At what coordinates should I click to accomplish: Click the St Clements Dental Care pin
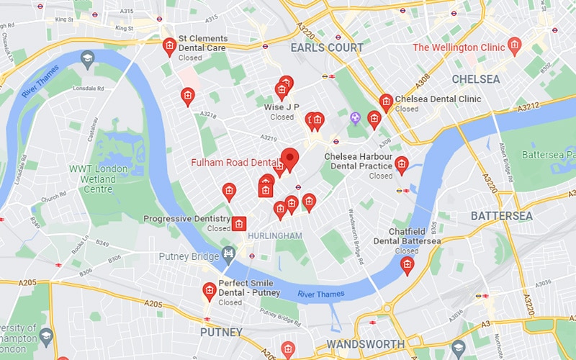(x=169, y=46)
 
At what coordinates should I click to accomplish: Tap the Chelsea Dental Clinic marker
(x=386, y=102)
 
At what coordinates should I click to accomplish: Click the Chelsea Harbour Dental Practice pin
(x=402, y=165)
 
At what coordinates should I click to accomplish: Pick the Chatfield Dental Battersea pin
(x=408, y=265)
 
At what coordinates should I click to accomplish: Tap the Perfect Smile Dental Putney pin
(x=210, y=290)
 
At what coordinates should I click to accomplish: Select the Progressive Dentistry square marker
(x=240, y=225)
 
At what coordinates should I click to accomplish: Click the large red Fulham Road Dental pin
(x=289, y=158)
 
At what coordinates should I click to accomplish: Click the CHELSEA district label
(x=476, y=78)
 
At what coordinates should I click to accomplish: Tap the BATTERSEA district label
(x=502, y=216)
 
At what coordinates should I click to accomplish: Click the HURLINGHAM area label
(x=274, y=236)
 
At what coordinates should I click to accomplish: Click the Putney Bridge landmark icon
(x=230, y=253)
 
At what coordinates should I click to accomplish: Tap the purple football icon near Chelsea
(x=354, y=117)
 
